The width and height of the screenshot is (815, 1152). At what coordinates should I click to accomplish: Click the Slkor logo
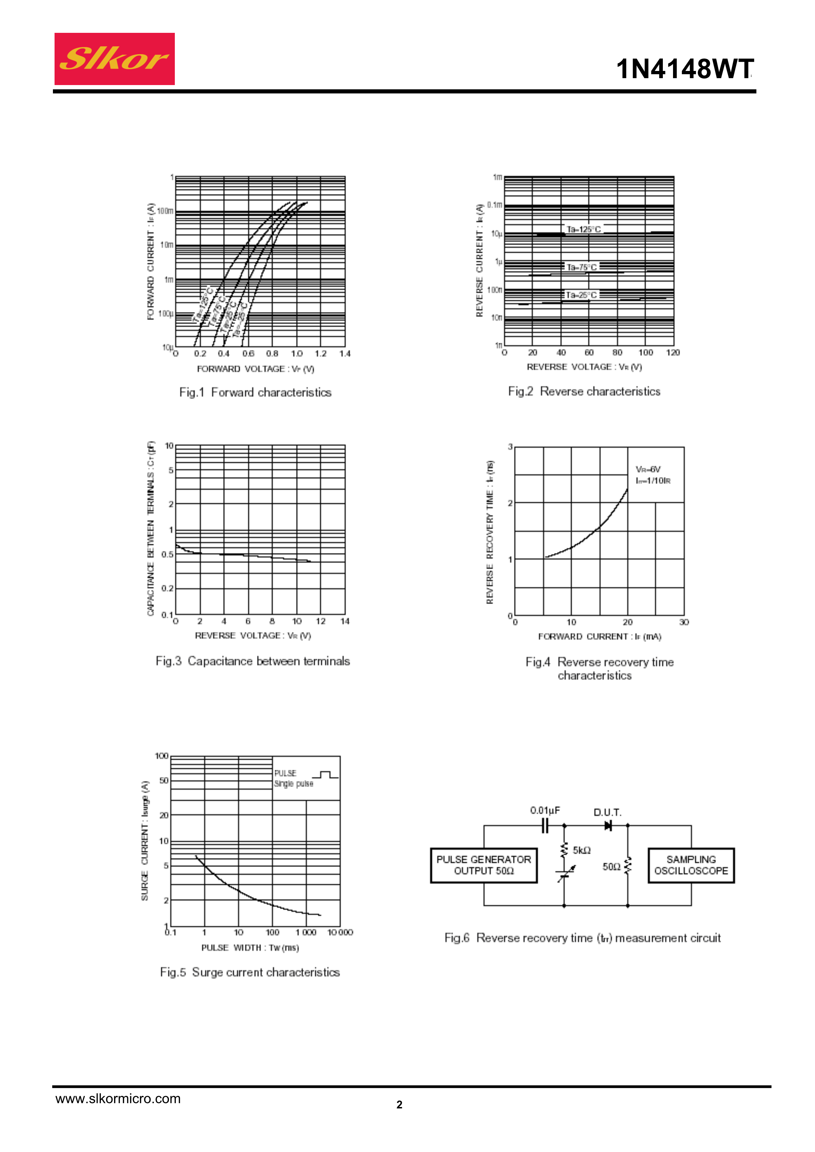point(114,59)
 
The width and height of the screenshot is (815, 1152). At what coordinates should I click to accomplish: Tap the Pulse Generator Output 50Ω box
point(483,865)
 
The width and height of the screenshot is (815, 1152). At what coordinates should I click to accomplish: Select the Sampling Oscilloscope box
point(691,865)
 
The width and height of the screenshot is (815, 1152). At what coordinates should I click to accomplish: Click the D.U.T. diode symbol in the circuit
point(608,825)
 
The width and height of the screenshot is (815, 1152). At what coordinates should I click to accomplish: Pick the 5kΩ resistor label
point(581,850)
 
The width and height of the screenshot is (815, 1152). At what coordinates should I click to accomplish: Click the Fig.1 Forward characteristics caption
point(255,392)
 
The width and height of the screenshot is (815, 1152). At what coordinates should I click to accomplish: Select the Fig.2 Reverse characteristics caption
point(584,391)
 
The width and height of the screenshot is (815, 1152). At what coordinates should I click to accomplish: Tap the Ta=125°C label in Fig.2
point(584,229)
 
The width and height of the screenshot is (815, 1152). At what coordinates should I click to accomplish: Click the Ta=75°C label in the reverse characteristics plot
point(581,267)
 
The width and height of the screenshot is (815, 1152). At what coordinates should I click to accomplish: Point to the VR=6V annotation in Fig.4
point(648,469)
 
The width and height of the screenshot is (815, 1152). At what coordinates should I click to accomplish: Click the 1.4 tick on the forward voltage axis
point(344,354)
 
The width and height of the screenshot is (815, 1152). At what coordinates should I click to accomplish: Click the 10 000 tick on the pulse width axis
point(340,932)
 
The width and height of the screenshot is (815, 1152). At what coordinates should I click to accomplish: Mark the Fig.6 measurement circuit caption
point(583,938)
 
